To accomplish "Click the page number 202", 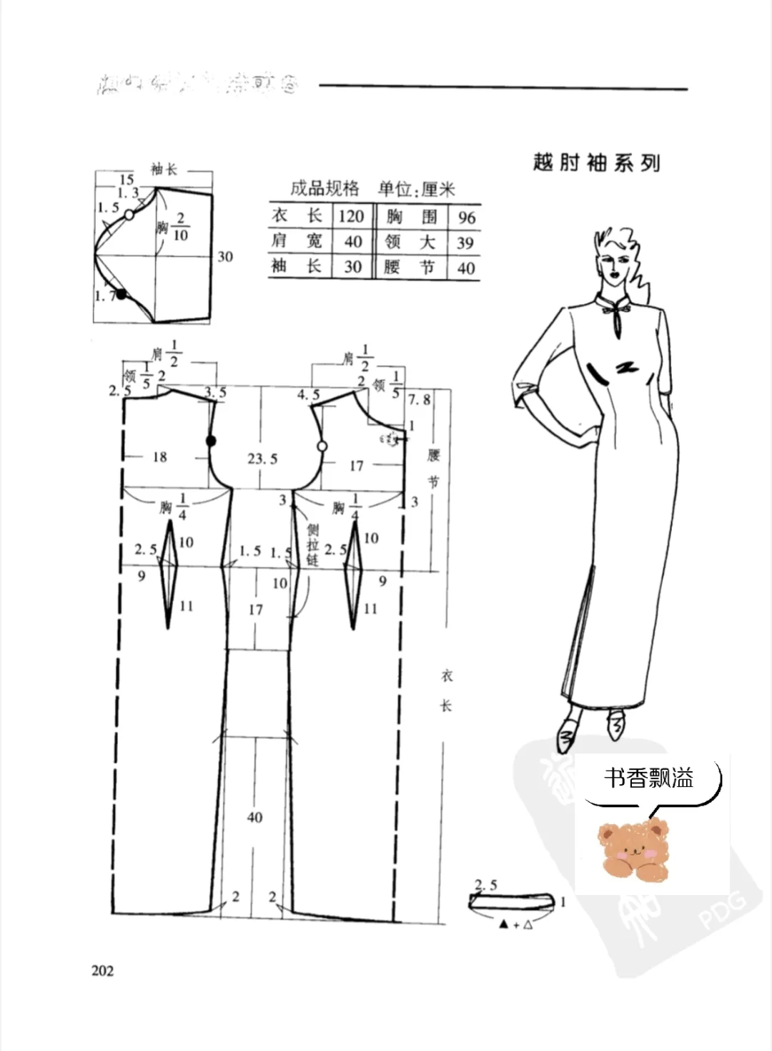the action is (x=103, y=971).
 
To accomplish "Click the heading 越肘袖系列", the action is (x=596, y=162).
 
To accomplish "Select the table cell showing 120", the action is (x=352, y=216).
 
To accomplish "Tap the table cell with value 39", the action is (x=465, y=243).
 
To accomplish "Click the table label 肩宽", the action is (x=296, y=241).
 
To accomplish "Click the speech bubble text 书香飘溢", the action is (x=648, y=778).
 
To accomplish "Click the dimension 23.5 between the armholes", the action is (x=262, y=459).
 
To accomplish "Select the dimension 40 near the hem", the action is (x=254, y=816).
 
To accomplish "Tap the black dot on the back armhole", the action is (x=211, y=441).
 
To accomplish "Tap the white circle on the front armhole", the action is (x=322, y=446).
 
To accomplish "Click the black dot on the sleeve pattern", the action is (x=122, y=294).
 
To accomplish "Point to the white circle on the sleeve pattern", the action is (x=129, y=214).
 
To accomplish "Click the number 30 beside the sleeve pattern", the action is (x=225, y=256).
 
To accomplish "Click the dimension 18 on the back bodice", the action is (x=159, y=456).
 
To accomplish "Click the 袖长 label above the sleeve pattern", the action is (x=164, y=170).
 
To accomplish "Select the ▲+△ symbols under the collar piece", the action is (x=515, y=925).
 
